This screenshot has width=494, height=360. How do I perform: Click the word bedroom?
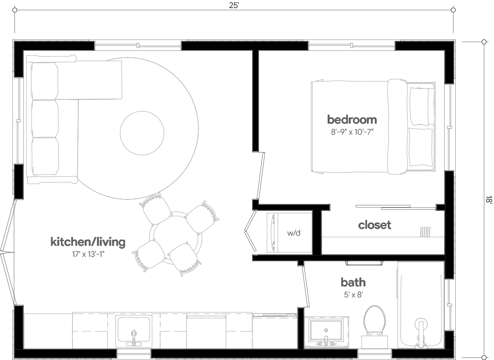click(x=352, y=119)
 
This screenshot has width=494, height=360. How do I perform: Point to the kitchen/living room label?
click(x=88, y=242)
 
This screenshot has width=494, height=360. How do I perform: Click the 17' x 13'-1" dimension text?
click(x=88, y=255)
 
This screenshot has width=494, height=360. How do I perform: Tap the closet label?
click(x=374, y=225)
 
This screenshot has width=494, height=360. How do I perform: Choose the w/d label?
click(x=293, y=233)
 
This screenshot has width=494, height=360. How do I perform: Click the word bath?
click(x=353, y=282)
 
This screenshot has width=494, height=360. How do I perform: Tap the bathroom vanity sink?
click(x=326, y=331)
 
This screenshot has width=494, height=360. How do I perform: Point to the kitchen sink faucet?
click(x=134, y=337)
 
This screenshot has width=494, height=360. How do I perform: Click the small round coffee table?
click(x=142, y=132)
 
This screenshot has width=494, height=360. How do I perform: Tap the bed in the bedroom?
click(x=373, y=127)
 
